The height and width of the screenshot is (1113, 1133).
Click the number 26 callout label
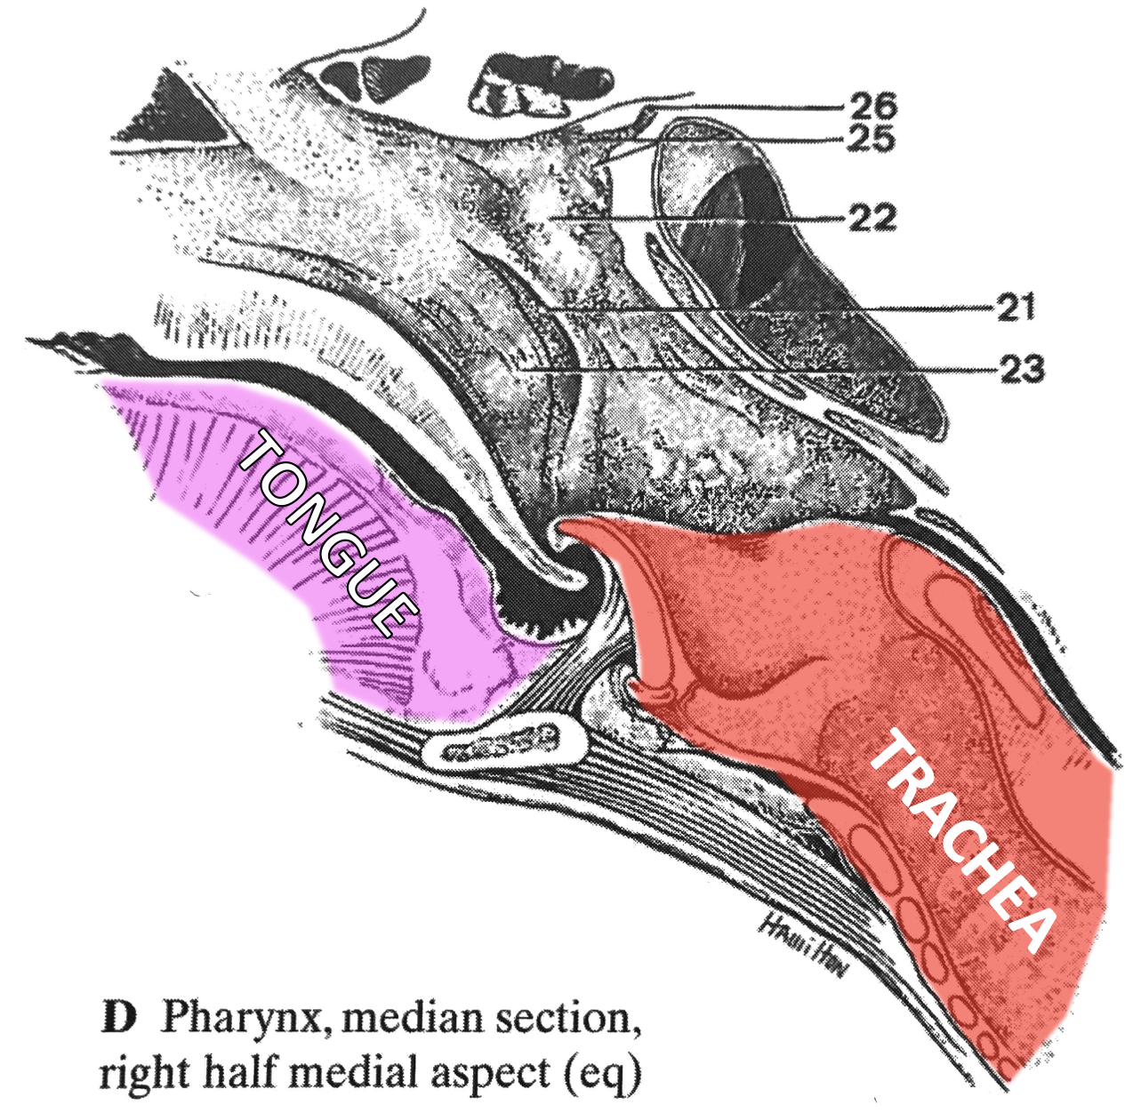tap(873, 106)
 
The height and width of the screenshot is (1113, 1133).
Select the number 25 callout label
tap(870, 139)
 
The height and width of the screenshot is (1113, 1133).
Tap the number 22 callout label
tap(872, 218)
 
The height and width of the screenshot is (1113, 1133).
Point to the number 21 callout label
tap(1016, 308)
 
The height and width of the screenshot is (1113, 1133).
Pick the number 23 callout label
tap(1021, 368)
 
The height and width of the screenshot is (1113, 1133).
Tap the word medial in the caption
tap(358, 1072)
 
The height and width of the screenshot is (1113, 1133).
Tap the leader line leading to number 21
tap(800, 308)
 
